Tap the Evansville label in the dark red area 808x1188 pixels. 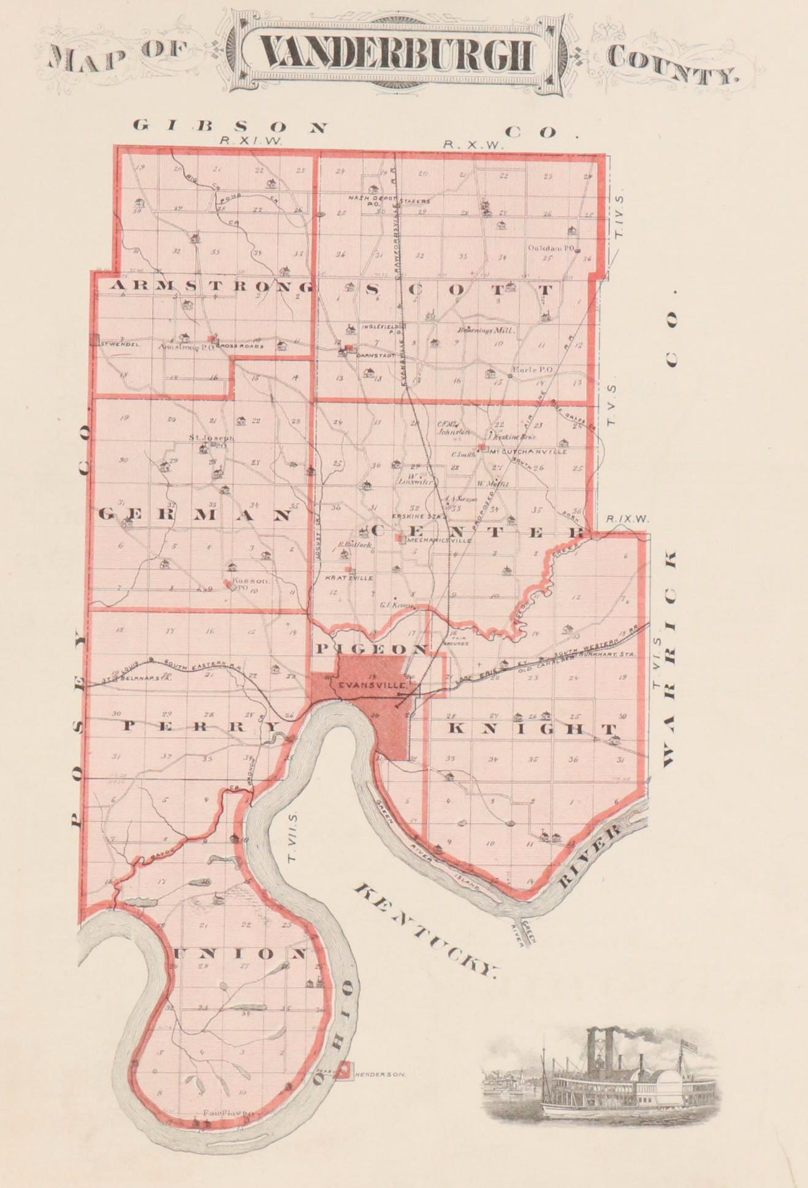tap(364, 685)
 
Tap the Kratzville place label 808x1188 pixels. tap(348, 577)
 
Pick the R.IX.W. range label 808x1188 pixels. tap(627, 519)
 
